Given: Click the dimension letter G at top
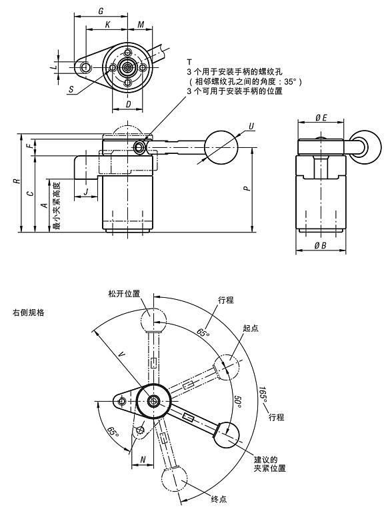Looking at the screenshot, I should pyautogui.click(x=100, y=11).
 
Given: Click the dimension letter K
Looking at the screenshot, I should pyautogui.click(x=107, y=25).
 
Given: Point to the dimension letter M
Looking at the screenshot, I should pyautogui.click(x=141, y=25).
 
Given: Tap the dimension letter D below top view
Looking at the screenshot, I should pyautogui.click(x=128, y=105).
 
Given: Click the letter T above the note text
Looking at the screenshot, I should pyautogui.click(x=190, y=61).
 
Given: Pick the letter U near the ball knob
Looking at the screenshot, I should pyautogui.click(x=251, y=125).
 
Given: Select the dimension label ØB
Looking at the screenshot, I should pyautogui.click(x=319, y=247).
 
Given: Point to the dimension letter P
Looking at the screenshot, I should pyautogui.click(x=247, y=189).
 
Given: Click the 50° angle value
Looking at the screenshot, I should pyautogui.click(x=238, y=401).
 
